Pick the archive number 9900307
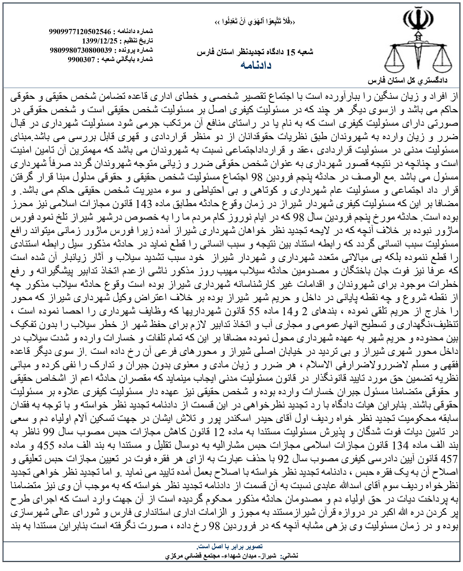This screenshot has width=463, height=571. click(x=81, y=59)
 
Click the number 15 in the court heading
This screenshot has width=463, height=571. click(x=291, y=52)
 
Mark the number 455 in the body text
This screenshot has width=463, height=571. click(x=46, y=446)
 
